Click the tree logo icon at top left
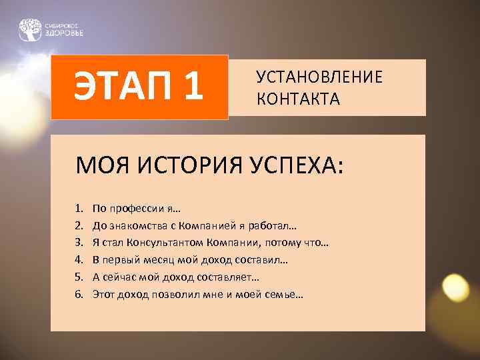(30, 29)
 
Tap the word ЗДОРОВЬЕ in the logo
(64, 33)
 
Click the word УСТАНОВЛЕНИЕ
(319, 77)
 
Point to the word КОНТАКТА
(298, 99)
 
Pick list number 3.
(78, 243)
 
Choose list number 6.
(78, 293)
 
